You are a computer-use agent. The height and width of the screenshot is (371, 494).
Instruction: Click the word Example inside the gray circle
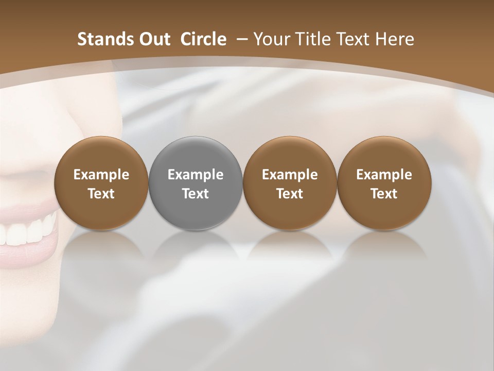[x=196, y=175]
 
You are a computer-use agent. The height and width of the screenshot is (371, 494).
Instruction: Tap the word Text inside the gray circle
[x=196, y=194]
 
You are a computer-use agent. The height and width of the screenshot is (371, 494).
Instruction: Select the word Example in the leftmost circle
[x=101, y=175]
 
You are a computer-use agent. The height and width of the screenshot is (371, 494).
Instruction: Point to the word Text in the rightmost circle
[x=384, y=194]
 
